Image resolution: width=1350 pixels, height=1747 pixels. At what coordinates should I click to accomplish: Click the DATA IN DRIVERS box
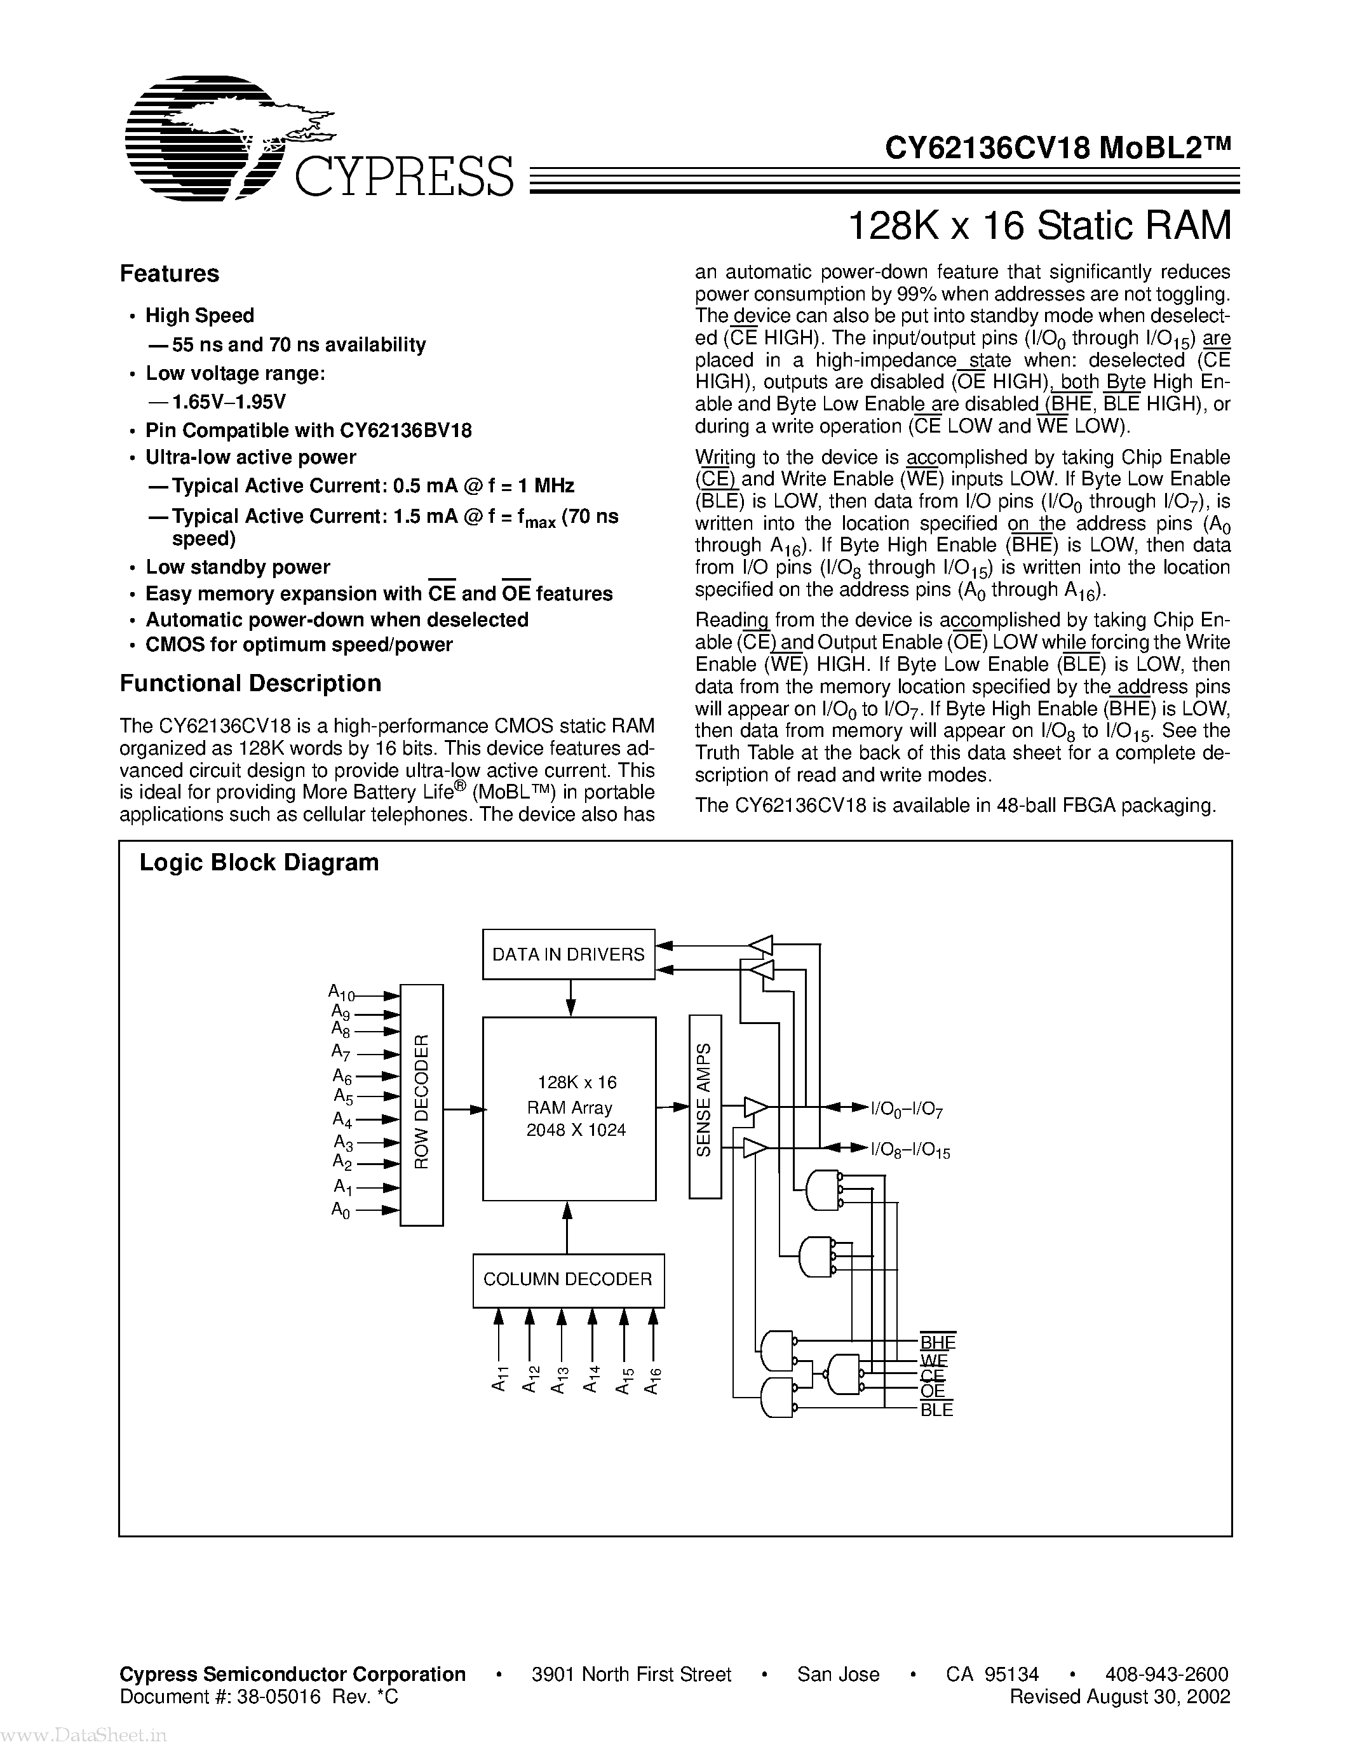(569, 954)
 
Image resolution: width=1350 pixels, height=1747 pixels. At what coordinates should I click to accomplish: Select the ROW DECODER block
(421, 1105)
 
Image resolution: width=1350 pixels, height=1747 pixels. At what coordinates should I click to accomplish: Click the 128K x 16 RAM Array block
(569, 1109)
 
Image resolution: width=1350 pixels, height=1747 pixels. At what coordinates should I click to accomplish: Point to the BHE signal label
(937, 1342)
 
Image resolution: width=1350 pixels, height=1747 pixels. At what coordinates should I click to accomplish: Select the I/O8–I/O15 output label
(910, 1151)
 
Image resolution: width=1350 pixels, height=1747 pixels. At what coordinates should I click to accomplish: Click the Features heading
(170, 274)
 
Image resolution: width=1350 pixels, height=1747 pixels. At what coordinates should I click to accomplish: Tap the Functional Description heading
(250, 683)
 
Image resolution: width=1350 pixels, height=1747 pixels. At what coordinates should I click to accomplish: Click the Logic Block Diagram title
(259, 862)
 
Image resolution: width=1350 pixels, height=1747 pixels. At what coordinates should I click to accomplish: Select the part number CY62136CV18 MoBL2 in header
(1057, 147)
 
